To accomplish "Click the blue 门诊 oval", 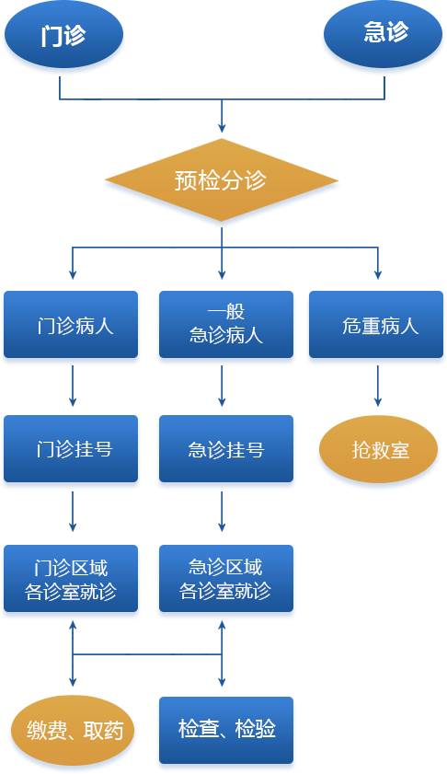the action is click(x=63, y=34).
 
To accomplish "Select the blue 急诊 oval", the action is click(x=383, y=34).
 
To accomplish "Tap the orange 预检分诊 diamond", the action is click(x=222, y=179).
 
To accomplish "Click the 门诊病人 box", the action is click(x=71, y=324).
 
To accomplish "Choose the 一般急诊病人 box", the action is click(x=226, y=324).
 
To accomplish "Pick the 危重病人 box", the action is click(x=376, y=324).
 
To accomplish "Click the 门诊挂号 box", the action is click(x=71, y=449).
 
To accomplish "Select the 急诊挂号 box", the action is click(x=226, y=449).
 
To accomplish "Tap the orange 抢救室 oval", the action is click(x=378, y=449).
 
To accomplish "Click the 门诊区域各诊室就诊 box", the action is click(x=71, y=579).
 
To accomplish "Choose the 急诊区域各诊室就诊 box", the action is click(x=226, y=579).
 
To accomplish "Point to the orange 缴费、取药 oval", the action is click(x=73, y=730).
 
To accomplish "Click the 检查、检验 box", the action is click(x=226, y=730).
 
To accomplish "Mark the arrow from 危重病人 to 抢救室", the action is click(x=378, y=386).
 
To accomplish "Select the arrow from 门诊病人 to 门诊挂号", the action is click(x=73, y=386).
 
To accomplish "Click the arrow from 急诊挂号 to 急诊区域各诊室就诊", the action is click(x=222, y=512).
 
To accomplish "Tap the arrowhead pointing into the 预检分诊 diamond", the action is click(x=222, y=128).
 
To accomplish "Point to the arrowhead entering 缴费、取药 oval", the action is click(x=73, y=682).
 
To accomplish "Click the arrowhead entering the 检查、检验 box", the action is click(x=222, y=682).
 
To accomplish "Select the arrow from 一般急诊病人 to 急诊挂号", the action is click(x=222, y=386).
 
